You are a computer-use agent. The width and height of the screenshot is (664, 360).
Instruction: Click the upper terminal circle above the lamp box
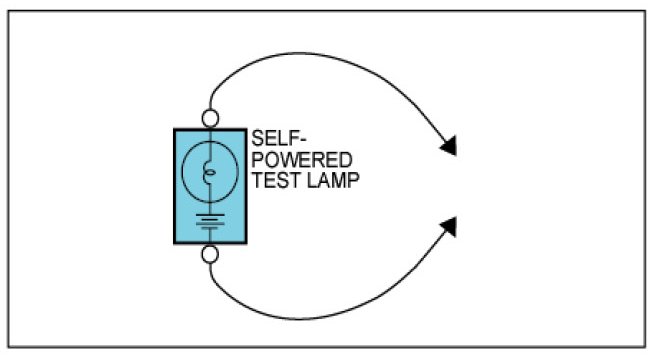[x=210, y=119]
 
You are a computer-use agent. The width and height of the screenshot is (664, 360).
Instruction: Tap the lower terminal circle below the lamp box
[x=210, y=255]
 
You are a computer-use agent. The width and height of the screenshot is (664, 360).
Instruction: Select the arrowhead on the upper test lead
[x=449, y=146]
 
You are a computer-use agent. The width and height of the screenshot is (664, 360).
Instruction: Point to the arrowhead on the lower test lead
[x=449, y=227]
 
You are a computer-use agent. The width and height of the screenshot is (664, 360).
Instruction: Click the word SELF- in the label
[x=279, y=138]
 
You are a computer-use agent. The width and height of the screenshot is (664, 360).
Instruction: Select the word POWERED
[x=302, y=160]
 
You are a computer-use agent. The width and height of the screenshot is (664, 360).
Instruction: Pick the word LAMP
[x=333, y=180]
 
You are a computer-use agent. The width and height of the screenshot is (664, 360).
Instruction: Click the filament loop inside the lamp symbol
[x=209, y=172]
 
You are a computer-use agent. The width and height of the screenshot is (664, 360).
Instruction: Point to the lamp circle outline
[x=182, y=172]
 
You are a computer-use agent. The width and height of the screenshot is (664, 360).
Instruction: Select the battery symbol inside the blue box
[x=210, y=222]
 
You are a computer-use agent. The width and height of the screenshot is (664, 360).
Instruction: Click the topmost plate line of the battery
[x=210, y=215]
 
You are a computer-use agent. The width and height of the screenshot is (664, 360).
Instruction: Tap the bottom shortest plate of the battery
[x=210, y=228]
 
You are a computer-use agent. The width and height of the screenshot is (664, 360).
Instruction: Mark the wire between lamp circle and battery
[x=210, y=208]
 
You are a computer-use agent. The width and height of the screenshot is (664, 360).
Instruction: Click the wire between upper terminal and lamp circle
[x=210, y=135]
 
